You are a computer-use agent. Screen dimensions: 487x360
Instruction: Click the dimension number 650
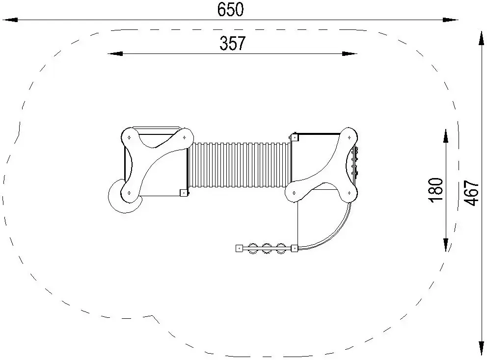230,9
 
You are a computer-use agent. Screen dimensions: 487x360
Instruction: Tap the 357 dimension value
233,43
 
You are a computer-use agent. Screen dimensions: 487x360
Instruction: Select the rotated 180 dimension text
436,190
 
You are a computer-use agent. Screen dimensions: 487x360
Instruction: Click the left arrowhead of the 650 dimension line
10,20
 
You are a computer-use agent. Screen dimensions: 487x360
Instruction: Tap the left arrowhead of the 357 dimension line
115,53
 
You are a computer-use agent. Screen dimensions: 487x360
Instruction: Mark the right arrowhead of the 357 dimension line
350,53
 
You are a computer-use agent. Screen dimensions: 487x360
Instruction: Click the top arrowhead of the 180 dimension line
446,136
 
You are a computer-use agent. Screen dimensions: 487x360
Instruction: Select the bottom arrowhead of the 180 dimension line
446,244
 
